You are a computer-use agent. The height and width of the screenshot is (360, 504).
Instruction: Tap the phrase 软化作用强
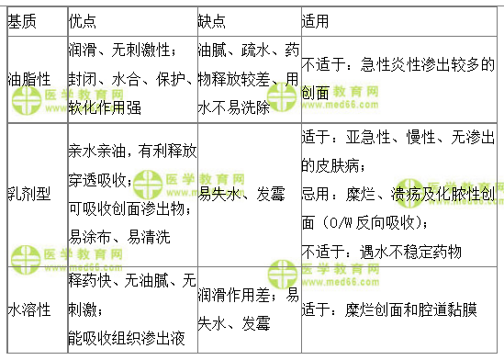tap(106, 107)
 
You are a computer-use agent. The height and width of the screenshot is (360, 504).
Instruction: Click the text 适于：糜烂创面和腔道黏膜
tap(389, 309)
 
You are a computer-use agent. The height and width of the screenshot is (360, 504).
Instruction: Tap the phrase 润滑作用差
tap(233, 296)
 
